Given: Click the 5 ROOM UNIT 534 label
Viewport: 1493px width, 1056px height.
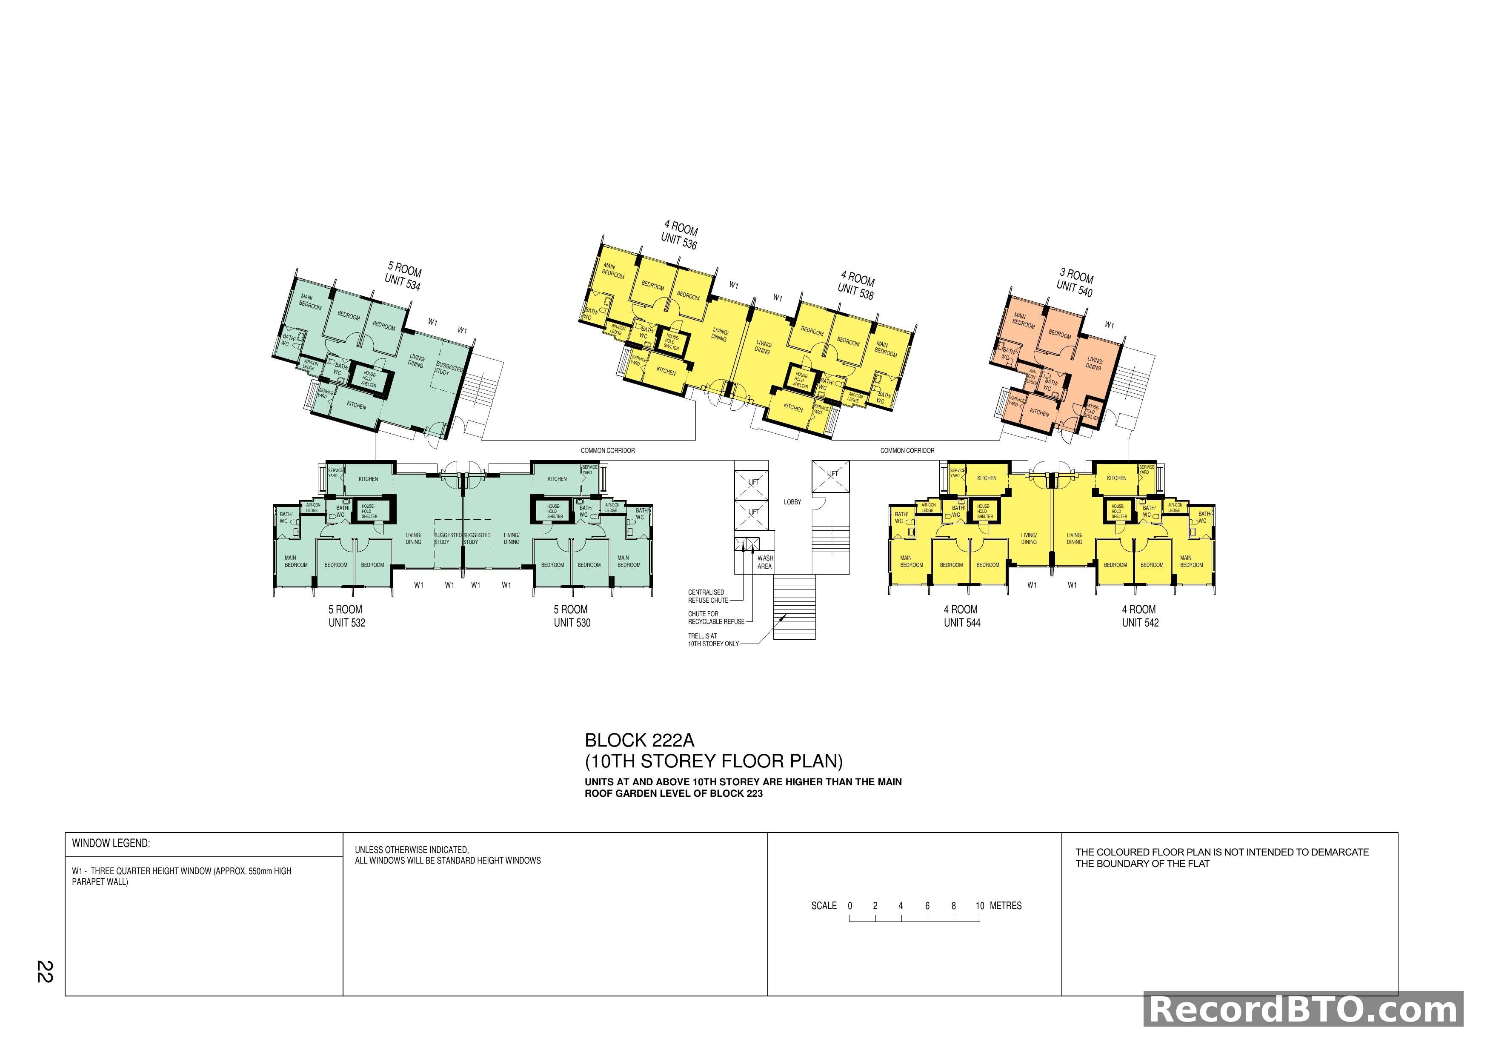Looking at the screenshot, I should [403, 276].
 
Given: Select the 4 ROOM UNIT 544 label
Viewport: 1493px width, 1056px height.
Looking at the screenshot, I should [962, 616].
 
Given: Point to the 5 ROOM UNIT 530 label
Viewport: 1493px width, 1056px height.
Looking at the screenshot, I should [572, 616].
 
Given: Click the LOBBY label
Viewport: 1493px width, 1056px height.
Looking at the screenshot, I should [792, 502].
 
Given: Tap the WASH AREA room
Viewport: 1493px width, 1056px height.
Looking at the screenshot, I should [765, 562].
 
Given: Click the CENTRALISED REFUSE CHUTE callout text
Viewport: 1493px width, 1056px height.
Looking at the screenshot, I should [707, 596].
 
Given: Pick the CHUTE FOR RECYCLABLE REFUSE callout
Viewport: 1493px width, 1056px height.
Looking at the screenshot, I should [716, 618].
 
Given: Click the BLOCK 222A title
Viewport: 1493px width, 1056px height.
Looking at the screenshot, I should [639, 740].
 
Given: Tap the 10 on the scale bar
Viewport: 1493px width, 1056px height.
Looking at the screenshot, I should [979, 906].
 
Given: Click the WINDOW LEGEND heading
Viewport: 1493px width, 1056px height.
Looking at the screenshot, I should [111, 843].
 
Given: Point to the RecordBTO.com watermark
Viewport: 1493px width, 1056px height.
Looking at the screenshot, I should [1303, 1010].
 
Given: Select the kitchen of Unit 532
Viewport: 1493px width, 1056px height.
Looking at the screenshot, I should [368, 479].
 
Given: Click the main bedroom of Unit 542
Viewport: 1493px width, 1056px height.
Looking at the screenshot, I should [1191, 561].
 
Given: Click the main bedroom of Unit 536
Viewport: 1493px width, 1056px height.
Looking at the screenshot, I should [612, 271].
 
